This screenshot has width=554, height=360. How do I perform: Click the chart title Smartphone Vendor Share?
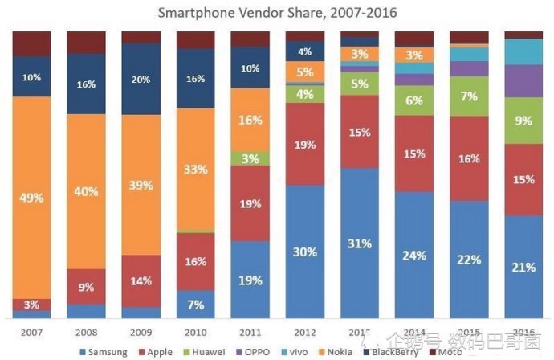tap(277, 13)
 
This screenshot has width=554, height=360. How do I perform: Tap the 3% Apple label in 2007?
tap(31, 305)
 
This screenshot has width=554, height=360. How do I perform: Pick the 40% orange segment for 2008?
tap(86, 191)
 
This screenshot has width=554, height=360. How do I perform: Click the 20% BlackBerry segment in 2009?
tap(141, 80)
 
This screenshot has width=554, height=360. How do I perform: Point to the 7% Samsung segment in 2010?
tap(195, 305)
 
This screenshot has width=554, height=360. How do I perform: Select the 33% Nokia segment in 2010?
tap(195, 170)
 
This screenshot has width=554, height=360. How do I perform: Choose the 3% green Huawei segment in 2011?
tap(250, 158)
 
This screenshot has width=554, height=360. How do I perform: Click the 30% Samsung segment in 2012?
tap(304, 252)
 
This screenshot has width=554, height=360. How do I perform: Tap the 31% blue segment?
tap(359, 243)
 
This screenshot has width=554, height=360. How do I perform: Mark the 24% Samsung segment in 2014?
tap(413, 256)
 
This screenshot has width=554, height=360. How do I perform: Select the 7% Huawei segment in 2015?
tap(468, 96)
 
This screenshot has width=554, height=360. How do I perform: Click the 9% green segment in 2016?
tap(523, 121)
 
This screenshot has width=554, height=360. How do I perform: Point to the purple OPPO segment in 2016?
tap(523, 80)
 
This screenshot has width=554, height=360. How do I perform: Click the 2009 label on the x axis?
tap(141, 330)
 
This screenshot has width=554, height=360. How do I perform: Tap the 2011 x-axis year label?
tap(250, 330)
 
